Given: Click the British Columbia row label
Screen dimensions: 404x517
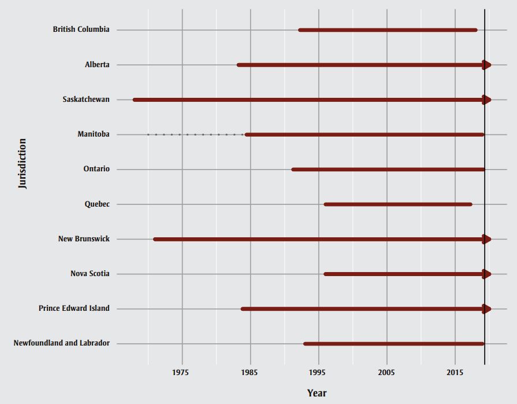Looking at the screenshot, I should tap(81, 30).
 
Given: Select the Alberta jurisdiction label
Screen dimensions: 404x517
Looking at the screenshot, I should tap(97, 65).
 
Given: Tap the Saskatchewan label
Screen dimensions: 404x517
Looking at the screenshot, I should tap(86, 100).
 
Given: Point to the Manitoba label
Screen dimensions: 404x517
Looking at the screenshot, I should tap(94, 134).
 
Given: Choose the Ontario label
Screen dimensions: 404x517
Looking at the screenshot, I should tap(96, 169).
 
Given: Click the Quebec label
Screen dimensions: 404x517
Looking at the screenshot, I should tap(97, 204).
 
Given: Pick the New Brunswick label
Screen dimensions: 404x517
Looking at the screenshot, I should tap(84, 239).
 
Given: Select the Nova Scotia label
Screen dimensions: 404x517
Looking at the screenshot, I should tap(90, 274).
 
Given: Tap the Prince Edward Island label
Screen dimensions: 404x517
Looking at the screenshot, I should tap(74, 308).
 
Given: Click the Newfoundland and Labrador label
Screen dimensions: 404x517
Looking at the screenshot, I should tap(61, 343).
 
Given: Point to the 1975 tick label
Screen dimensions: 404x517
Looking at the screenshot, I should tap(181, 372).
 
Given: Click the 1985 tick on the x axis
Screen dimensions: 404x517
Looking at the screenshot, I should tap(250, 372).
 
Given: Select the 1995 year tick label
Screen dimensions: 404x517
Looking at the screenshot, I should tap(318, 372).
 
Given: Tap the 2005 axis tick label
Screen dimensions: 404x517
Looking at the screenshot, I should tap(386, 372).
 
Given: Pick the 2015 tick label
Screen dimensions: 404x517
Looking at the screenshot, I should tap(455, 372).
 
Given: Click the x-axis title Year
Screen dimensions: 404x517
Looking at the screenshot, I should tap(317, 394).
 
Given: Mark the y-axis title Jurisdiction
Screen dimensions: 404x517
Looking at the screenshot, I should tap(23, 163).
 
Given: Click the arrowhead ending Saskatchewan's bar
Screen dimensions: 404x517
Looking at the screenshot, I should tap(487, 100).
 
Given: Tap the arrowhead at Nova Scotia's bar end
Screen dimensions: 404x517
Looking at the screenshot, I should tap(487, 274).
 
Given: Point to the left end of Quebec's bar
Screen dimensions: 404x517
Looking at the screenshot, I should tap(326, 204).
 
